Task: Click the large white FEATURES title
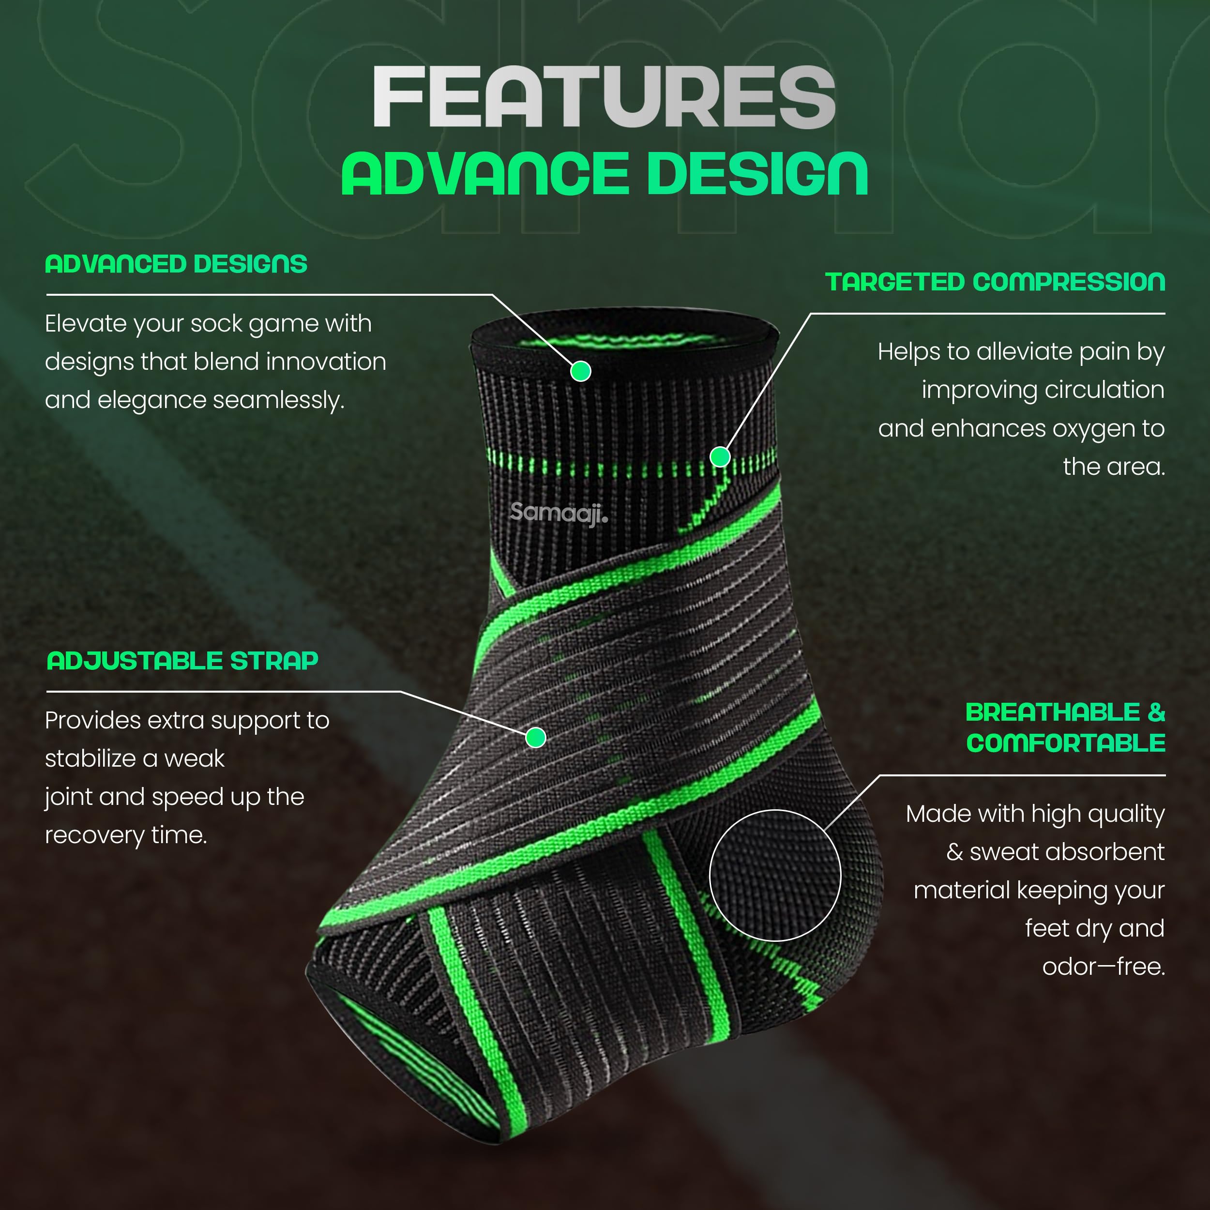click(x=605, y=97)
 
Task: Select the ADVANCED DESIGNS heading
click(x=176, y=264)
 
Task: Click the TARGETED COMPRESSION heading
click(x=995, y=282)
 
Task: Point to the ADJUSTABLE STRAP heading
click(x=182, y=661)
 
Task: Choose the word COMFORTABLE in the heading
click(x=1066, y=743)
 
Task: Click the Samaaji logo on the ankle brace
click(x=559, y=513)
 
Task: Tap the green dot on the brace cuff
click(x=581, y=371)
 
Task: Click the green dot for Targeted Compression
click(x=720, y=456)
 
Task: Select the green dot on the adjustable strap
click(x=535, y=738)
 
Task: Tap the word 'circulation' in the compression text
click(x=1043, y=390)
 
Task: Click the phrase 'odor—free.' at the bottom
click(x=1104, y=967)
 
